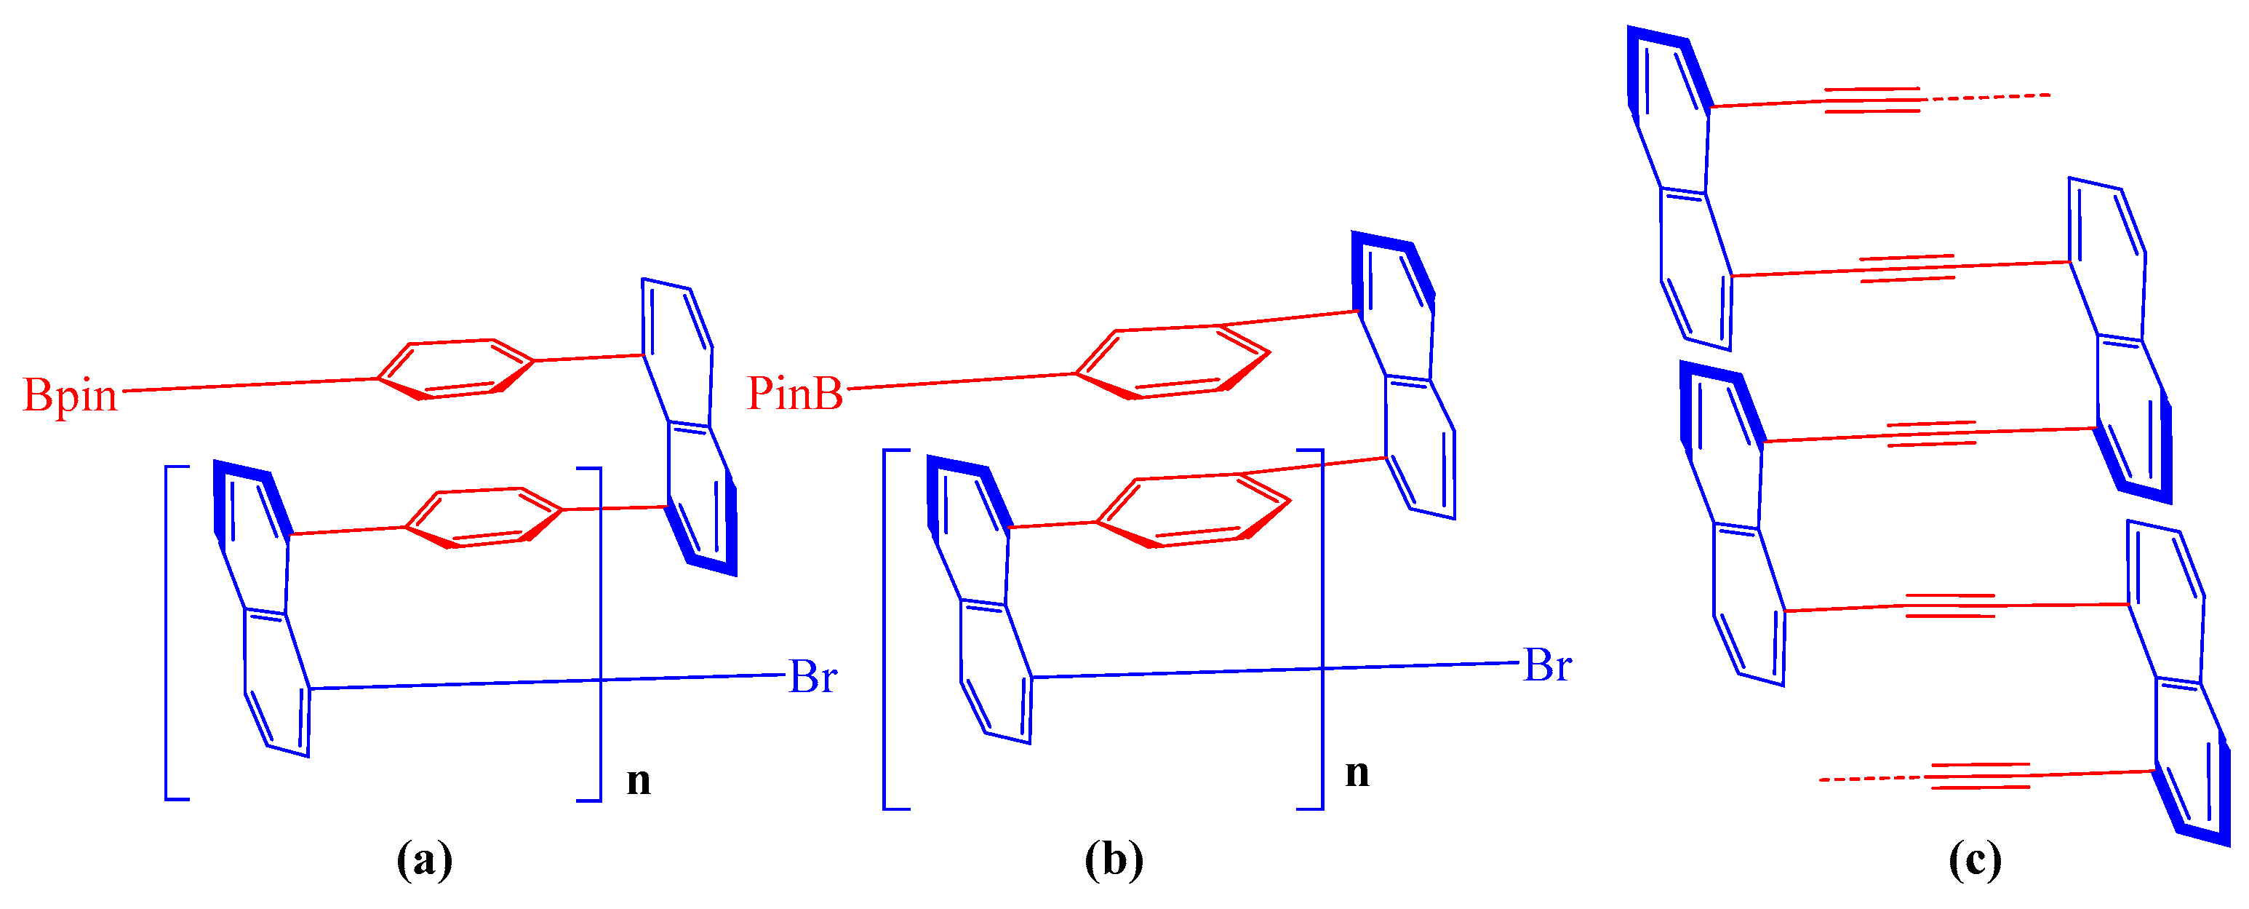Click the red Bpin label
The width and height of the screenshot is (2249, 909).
[70, 396]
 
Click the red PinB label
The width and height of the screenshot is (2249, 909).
[794, 393]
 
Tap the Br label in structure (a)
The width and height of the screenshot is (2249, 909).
[812, 677]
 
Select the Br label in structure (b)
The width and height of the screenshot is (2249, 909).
[1547, 665]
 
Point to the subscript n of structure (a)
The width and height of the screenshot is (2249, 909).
[638, 779]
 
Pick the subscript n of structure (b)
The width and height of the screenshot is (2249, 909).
[1357, 773]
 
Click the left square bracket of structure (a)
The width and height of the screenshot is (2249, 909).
[167, 633]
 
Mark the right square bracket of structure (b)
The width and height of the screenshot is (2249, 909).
[1321, 629]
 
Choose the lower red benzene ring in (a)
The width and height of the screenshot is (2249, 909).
[484, 517]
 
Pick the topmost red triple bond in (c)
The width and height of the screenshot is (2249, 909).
[1873, 100]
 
